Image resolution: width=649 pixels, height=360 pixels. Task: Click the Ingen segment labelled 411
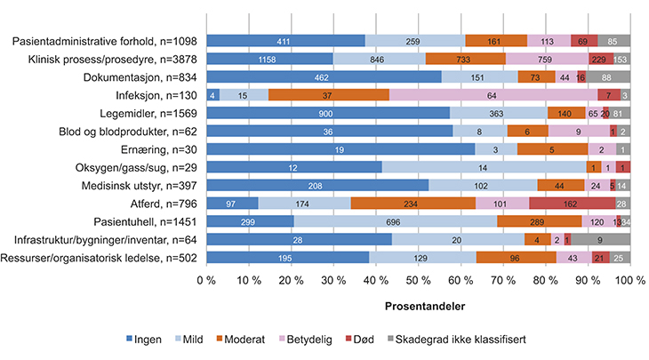285,41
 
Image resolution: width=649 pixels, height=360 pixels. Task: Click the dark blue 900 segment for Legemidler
328,113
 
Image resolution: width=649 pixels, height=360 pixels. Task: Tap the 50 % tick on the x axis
418,282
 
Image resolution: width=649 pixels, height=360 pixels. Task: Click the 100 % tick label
629,282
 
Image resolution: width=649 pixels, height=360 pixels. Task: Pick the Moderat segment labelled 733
466,59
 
